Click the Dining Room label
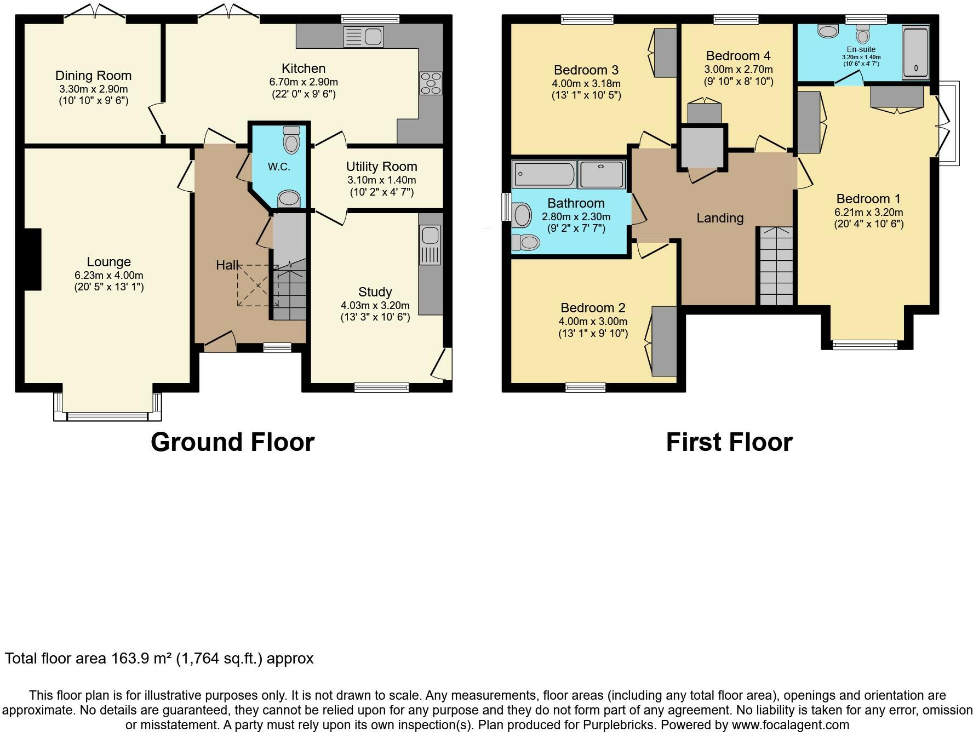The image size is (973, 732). (x=93, y=76)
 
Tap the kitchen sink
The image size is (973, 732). (x=363, y=37)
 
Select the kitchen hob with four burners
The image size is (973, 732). (x=431, y=83)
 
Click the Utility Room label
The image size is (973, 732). (x=381, y=167)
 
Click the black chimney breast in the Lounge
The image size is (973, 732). (x=32, y=259)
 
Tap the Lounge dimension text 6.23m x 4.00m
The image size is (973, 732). (x=109, y=275)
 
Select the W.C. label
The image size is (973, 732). (x=279, y=167)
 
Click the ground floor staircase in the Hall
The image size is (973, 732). (x=289, y=293)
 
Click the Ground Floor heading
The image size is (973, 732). (x=232, y=442)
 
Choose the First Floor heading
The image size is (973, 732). (x=729, y=442)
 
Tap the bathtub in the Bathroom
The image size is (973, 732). (x=545, y=174)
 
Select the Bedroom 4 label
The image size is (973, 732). (x=738, y=56)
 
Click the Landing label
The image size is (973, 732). (x=720, y=218)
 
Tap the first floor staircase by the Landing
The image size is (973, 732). (x=776, y=266)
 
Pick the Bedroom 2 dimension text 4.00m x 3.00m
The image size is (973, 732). (x=593, y=322)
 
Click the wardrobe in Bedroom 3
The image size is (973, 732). (x=664, y=53)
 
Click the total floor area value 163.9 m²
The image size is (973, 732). (x=143, y=658)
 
